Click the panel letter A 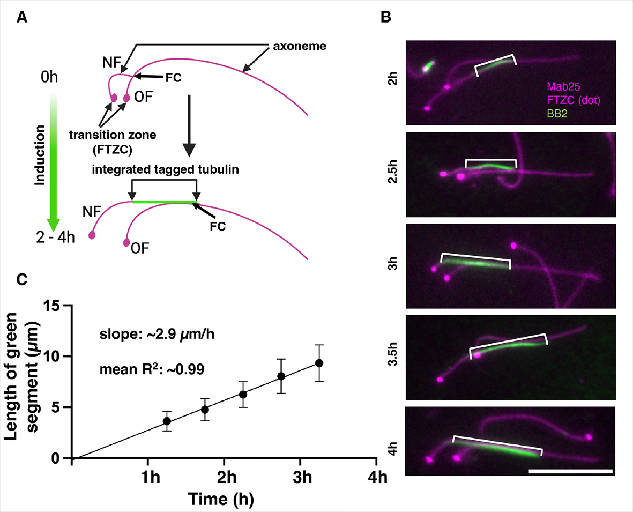pos(22,17)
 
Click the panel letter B pos(386,17)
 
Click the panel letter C pos(22,279)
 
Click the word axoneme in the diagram pos(300,46)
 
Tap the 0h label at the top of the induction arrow pos(49,77)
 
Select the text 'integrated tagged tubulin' pos(166,169)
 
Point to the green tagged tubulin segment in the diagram pos(165,202)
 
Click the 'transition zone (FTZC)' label pos(113,142)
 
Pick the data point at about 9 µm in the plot pos(319,363)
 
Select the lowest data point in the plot pos(167,421)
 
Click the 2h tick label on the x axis pos(227,478)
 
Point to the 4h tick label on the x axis pos(377,478)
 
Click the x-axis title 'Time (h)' pos(221,499)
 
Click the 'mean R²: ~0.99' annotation pos(152,369)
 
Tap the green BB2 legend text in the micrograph pos(557,114)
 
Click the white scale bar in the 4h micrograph pos(570,471)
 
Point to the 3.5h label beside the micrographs pos(393,354)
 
